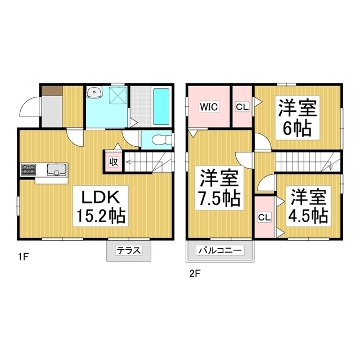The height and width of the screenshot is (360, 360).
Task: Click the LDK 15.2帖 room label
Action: pyautogui.click(x=101, y=206)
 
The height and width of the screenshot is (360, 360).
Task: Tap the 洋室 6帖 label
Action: pyautogui.click(x=298, y=118)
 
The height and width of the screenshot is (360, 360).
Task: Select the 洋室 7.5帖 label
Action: pyautogui.click(x=219, y=188)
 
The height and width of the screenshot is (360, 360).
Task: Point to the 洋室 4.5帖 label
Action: pyautogui.click(x=308, y=206)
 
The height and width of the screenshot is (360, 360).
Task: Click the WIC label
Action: pyautogui.click(x=209, y=106)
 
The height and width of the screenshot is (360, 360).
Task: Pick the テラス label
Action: pyautogui.click(x=129, y=250)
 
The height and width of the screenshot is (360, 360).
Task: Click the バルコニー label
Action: pyautogui.click(x=220, y=250)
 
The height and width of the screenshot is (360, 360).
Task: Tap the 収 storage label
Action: pyautogui.click(x=114, y=162)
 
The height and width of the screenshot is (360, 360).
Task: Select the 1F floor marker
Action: pyautogui.click(x=23, y=257)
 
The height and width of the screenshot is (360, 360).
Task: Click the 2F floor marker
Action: pyautogui.click(x=195, y=274)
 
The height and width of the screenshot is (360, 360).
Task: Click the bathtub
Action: pyautogui.click(x=161, y=106)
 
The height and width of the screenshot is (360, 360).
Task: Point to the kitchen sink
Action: pyautogui.click(x=57, y=169)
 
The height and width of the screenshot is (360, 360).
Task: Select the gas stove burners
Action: pyautogui.click(x=28, y=169)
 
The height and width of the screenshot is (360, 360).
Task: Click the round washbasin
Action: pyautogui.click(x=94, y=92)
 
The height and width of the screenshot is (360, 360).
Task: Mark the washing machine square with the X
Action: pyautogui.click(x=118, y=95)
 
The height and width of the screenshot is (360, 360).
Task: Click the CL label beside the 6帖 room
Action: pyautogui.click(x=242, y=107)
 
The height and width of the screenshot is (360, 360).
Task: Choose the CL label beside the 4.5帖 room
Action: pyautogui.click(x=264, y=217)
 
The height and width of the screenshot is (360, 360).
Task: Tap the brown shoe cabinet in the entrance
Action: pyautogui.click(x=52, y=91)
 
